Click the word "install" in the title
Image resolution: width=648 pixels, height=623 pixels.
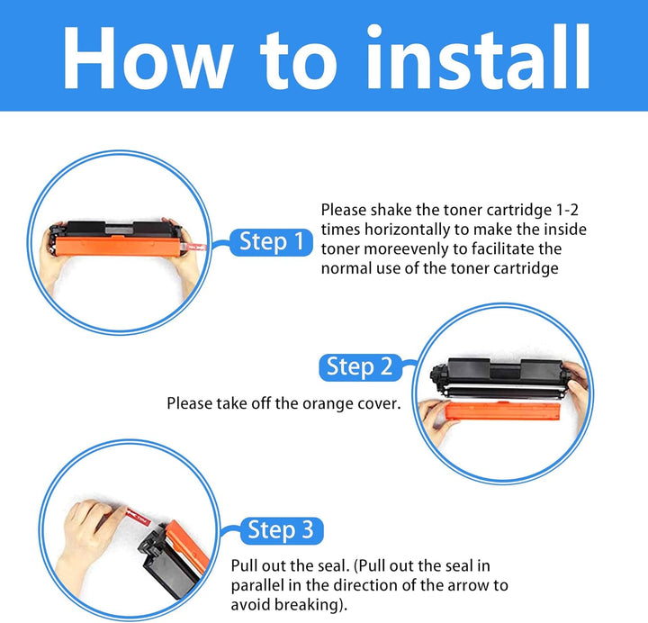[479, 57]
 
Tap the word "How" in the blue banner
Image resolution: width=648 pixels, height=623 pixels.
[147, 59]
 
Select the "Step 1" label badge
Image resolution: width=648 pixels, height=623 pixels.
[271, 242]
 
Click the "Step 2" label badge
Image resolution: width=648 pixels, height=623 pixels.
[360, 367]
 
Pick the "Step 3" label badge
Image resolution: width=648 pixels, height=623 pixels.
[282, 530]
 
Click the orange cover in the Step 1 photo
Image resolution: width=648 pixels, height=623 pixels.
[118, 247]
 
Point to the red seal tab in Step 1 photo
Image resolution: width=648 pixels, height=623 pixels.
[195, 248]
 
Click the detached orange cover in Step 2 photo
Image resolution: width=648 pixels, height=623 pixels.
[502, 411]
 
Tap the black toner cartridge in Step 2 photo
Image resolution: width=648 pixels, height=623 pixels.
[497, 378]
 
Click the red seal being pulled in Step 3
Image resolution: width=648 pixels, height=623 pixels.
[138, 515]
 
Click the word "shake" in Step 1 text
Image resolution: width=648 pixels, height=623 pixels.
[391, 210]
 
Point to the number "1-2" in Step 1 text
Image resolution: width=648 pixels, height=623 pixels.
[567, 210]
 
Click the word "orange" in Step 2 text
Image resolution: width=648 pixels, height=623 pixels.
[328, 404]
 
